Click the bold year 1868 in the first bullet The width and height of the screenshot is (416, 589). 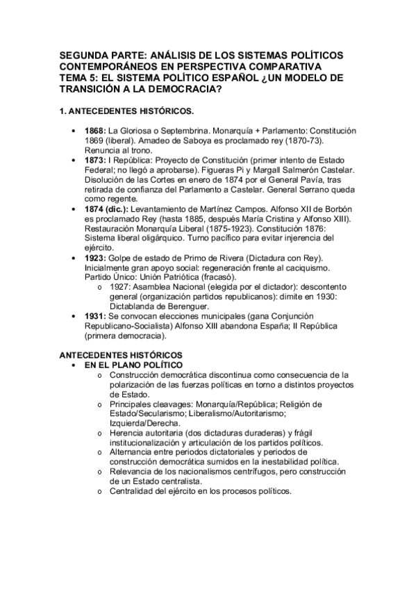pos(94,130)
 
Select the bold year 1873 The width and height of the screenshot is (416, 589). pos(94,160)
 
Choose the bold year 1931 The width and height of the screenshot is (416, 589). pos(94,316)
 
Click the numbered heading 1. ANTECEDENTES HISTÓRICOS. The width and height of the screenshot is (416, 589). pos(125,111)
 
